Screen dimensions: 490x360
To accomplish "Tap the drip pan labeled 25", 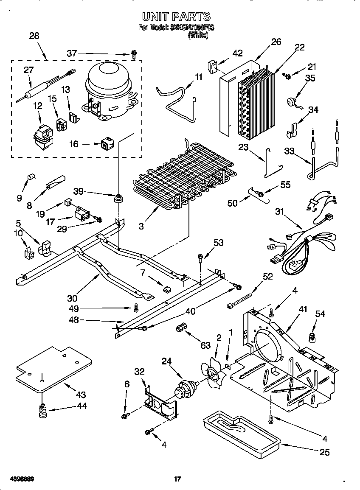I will tap(240, 433).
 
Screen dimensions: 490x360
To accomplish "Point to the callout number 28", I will tap(34, 36).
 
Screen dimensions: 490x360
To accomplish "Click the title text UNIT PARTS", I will tap(176, 17).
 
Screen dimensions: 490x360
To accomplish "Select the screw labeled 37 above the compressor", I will tap(134, 54).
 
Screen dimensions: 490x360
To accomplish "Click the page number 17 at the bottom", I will tap(177, 479).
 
